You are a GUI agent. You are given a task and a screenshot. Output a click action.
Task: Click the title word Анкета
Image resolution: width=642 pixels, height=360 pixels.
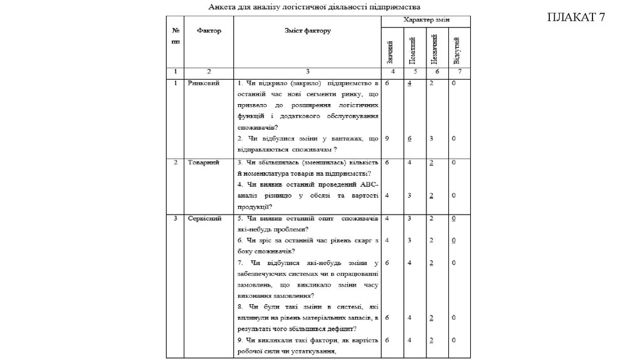(223, 7)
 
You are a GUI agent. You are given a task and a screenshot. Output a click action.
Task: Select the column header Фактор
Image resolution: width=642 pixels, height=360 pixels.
(208, 31)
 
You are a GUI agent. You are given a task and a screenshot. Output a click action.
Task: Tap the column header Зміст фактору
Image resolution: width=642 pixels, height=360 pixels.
(307, 30)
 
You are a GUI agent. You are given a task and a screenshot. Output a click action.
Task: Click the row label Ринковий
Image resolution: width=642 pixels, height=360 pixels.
(203, 83)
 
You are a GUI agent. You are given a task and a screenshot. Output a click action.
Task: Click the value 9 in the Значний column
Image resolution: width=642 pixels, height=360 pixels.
(388, 138)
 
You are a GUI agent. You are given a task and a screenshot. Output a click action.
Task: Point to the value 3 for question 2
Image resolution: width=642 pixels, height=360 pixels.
(432, 138)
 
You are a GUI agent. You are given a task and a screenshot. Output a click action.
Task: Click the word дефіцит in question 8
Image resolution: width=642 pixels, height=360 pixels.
(340, 329)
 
